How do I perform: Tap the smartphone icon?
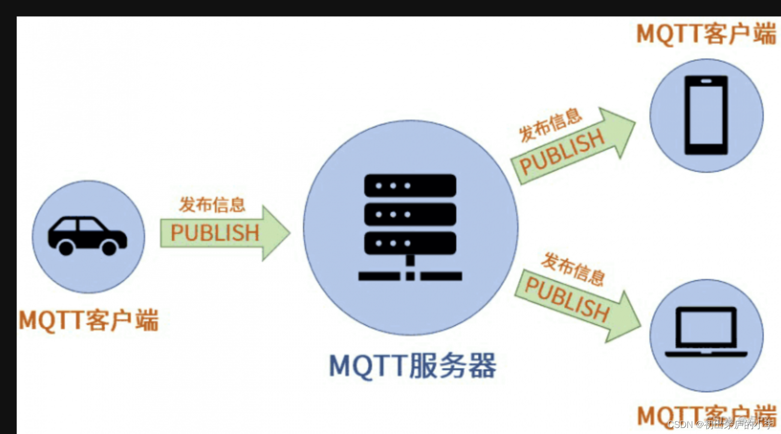tap(706, 115)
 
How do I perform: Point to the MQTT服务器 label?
tap(412, 366)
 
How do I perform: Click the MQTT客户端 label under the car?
tap(89, 320)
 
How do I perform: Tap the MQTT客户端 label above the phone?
tap(706, 34)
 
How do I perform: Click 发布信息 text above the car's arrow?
tap(212, 204)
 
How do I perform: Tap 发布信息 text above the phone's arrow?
tap(550, 124)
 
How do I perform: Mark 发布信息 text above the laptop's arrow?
tap(573, 268)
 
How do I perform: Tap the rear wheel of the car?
tap(66, 247)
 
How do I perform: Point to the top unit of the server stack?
tap(410, 185)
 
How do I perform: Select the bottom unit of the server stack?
tap(410, 243)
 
